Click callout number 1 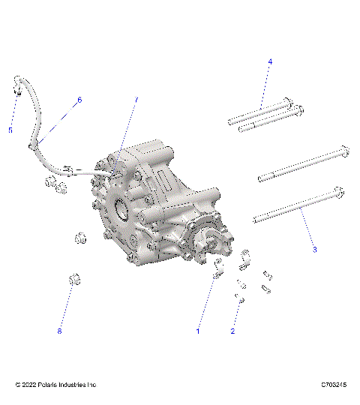click(x=199, y=330)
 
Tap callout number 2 click(x=232, y=331)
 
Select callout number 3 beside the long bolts click(x=315, y=249)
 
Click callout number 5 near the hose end click(x=10, y=130)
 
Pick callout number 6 click(x=79, y=100)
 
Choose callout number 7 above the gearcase click(x=136, y=100)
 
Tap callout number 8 click(x=59, y=330)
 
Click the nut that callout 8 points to click(x=74, y=280)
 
